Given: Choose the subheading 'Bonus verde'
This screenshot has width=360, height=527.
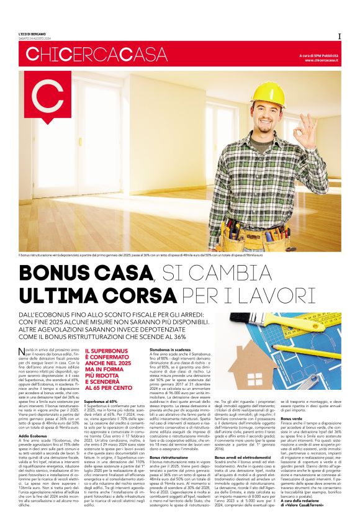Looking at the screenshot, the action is [292, 419].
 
